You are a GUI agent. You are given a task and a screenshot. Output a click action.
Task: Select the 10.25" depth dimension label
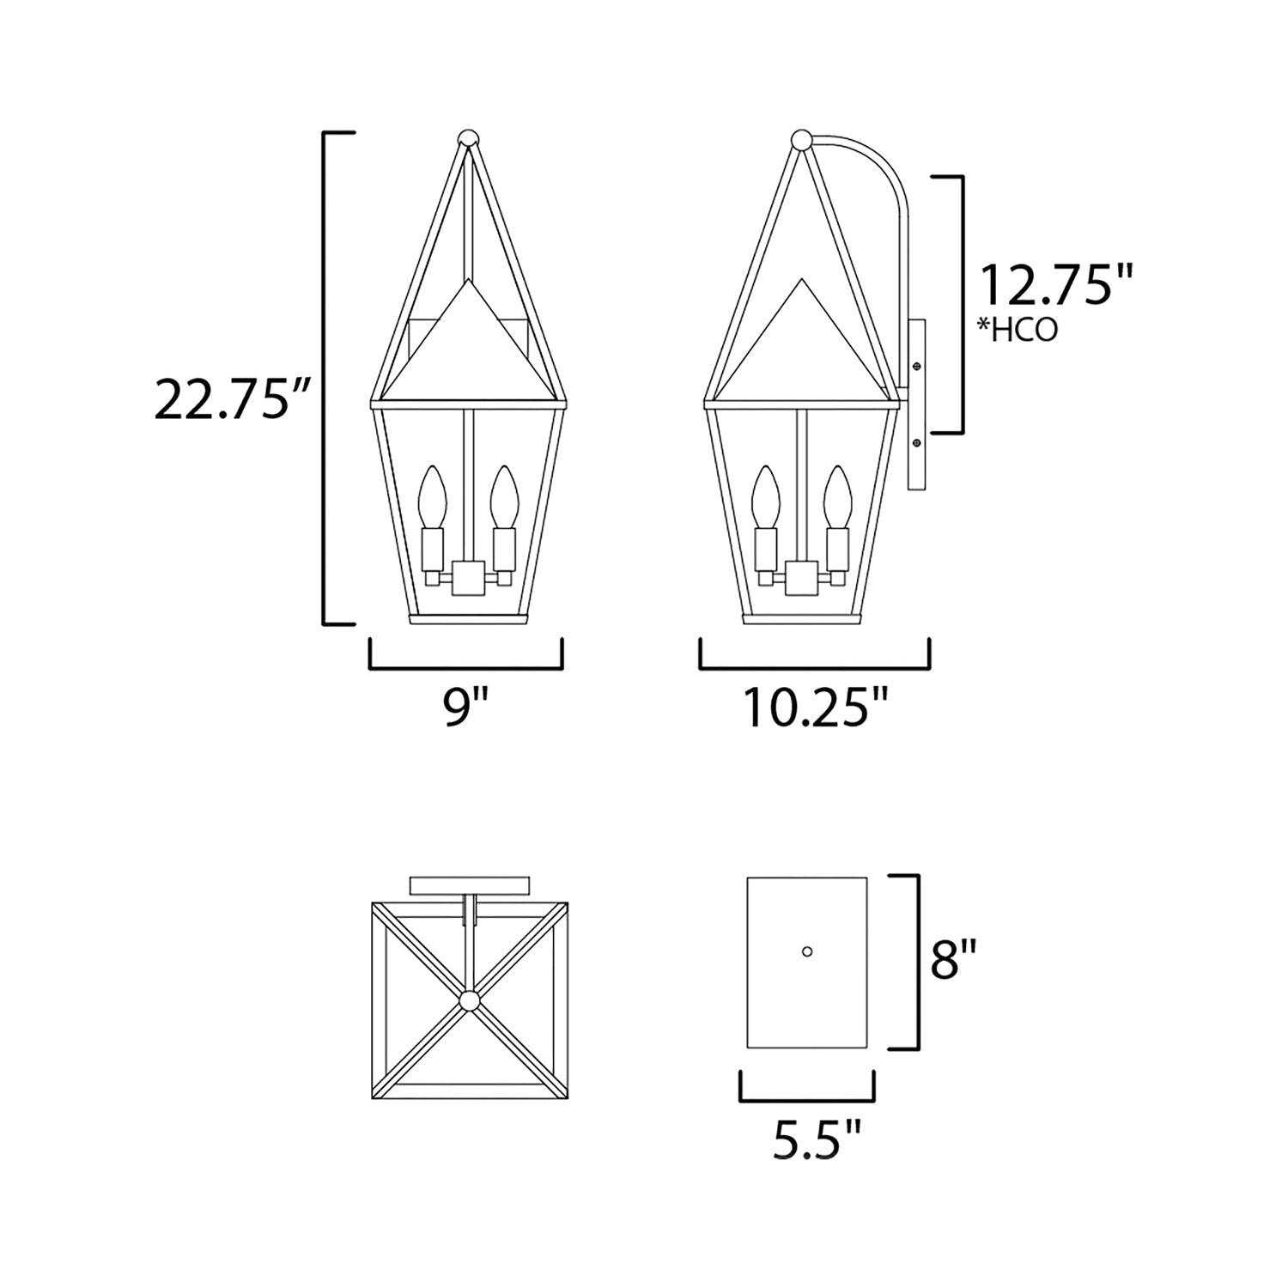coord(815,708)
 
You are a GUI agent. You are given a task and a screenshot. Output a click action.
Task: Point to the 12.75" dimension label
coord(1058,285)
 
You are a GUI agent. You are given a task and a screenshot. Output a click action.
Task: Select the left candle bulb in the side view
coord(763,496)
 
